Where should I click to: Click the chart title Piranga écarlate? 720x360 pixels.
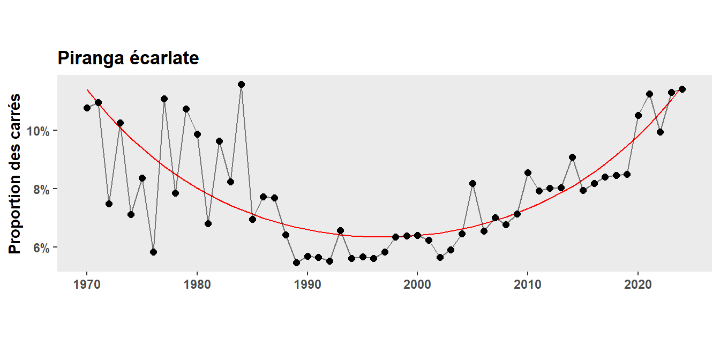click(128, 58)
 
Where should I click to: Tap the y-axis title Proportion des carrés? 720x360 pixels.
click(16, 174)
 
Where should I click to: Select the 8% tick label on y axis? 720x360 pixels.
click(42, 190)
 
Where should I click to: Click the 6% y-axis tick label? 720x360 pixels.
click(42, 248)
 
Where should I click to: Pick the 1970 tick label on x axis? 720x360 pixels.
click(87, 283)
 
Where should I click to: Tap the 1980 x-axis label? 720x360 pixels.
click(197, 283)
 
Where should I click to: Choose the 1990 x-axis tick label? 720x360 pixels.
click(307, 283)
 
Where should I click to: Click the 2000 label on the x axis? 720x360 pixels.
click(417, 283)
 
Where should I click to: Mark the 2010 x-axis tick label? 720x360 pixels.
click(528, 283)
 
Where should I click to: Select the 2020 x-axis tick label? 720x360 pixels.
click(638, 283)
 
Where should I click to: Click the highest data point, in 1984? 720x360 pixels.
click(241, 84)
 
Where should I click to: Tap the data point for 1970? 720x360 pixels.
click(87, 108)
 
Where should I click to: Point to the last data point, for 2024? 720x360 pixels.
click(682, 89)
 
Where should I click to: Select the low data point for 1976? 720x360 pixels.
click(153, 252)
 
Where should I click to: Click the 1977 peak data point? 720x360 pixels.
click(164, 99)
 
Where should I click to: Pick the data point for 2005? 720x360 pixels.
click(472, 183)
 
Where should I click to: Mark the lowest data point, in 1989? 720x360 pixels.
click(296, 262)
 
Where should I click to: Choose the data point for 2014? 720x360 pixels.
click(572, 157)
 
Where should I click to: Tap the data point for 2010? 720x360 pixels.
click(528, 172)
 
